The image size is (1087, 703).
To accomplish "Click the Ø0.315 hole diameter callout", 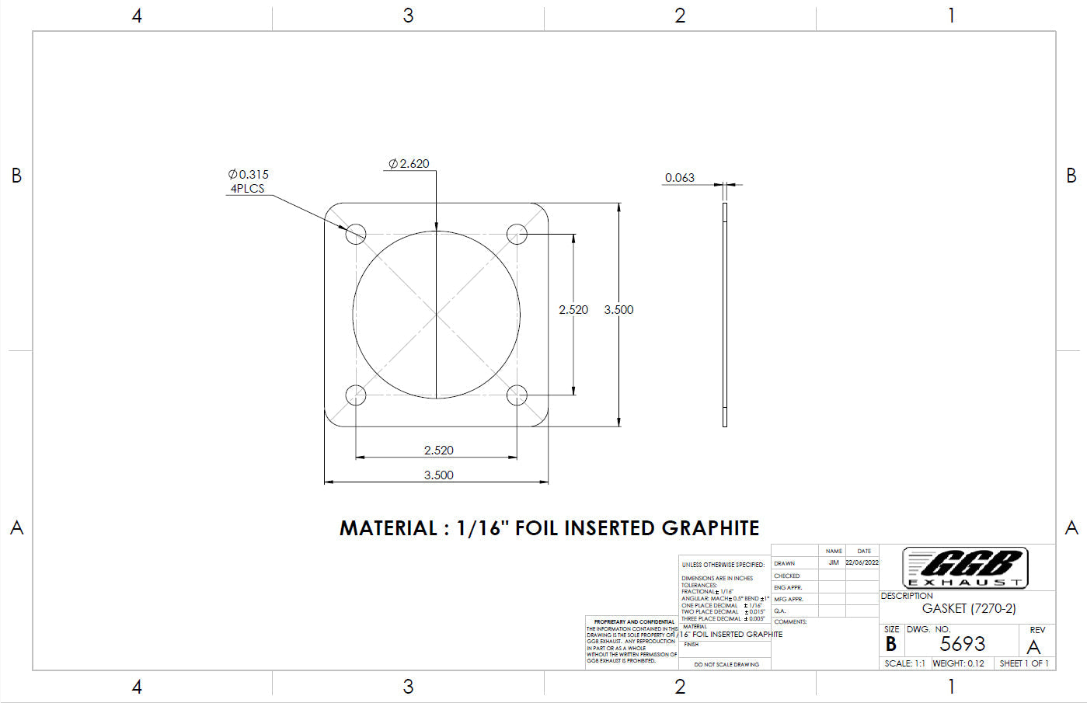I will [x=249, y=175].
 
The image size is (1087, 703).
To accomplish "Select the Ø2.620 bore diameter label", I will [x=409, y=164].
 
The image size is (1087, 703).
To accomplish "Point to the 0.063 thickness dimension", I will [x=679, y=178].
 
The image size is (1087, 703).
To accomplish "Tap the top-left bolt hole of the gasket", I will [x=356, y=232].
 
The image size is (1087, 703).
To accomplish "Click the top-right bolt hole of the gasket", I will [x=517, y=233].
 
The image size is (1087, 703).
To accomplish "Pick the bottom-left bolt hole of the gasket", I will [x=356, y=395].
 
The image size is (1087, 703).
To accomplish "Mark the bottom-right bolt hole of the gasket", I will [x=517, y=395].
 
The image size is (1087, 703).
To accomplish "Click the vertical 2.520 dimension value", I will [x=573, y=310].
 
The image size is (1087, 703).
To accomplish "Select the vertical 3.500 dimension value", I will [x=618, y=310].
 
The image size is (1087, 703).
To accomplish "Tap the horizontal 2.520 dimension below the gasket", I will [x=438, y=451].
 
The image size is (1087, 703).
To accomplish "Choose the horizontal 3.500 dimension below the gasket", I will [x=438, y=475].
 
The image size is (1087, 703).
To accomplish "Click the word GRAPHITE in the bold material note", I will [x=710, y=528].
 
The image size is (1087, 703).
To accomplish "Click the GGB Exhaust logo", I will [x=966, y=567].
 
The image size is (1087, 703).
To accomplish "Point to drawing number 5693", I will [x=962, y=644].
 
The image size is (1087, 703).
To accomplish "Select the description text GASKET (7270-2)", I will [x=968, y=609].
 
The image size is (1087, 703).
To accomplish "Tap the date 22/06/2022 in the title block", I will [x=862, y=562].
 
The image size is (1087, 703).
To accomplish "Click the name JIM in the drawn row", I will [x=834, y=562].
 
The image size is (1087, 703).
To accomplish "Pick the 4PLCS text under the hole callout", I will [x=247, y=189].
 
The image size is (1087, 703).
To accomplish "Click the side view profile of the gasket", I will [x=725, y=315].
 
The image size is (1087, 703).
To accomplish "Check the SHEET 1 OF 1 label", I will [x=1024, y=663].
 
